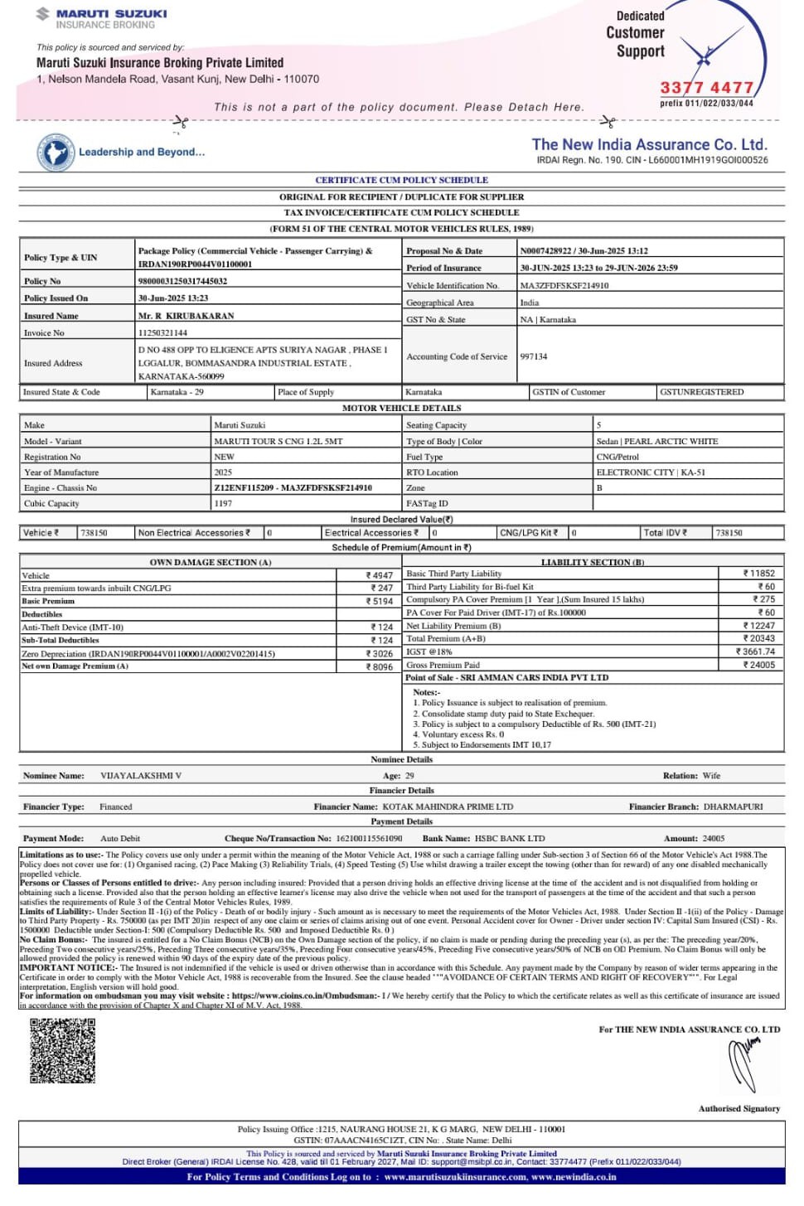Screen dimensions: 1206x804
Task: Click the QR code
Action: coord(63,1051)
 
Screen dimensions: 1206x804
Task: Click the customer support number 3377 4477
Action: coord(706,88)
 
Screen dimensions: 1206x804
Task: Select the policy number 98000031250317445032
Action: coord(182,281)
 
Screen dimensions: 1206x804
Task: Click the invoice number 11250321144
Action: coord(162,333)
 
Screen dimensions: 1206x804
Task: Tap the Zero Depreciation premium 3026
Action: coord(381,654)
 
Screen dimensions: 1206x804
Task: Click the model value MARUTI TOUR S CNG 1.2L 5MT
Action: coord(278,442)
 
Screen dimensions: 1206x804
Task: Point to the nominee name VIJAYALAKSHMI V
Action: coord(141,776)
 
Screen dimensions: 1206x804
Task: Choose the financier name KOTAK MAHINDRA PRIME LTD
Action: coord(448,806)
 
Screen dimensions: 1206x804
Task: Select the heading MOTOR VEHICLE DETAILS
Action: coord(401,408)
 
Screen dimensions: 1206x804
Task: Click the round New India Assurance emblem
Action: coord(56,153)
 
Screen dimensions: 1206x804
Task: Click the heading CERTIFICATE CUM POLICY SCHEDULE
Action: coord(401,180)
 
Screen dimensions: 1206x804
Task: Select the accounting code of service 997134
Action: coord(534,356)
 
